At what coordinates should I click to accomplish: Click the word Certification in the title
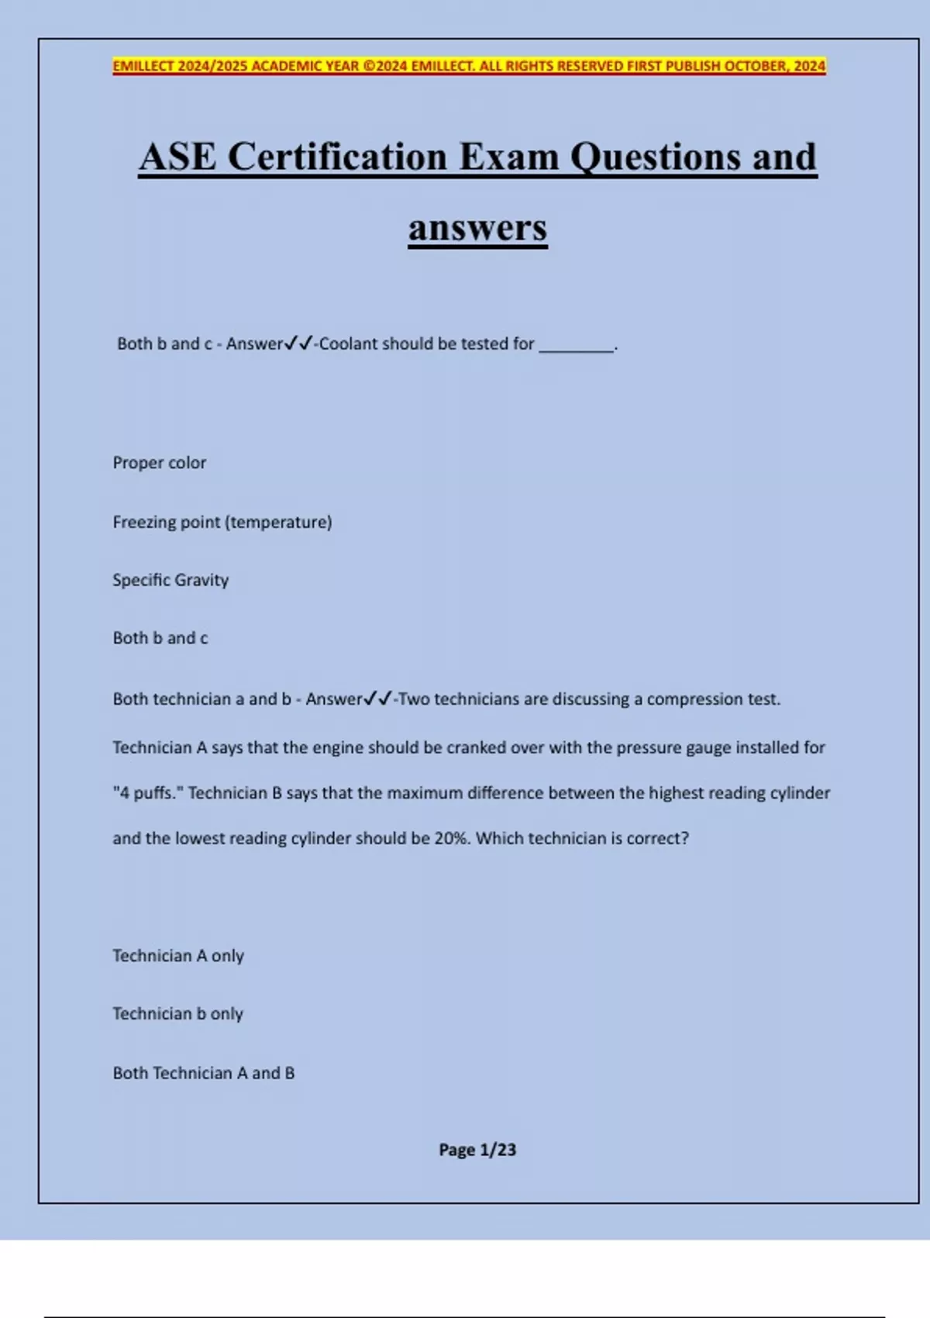point(337,157)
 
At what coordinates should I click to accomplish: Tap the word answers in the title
point(477,228)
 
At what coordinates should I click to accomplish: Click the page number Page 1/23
point(477,1150)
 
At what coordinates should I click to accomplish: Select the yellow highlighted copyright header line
point(469,66)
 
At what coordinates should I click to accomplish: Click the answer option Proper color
point(160,463)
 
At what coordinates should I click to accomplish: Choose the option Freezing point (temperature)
point(222,522)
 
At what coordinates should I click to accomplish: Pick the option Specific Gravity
point(170,580)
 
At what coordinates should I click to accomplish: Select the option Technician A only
point(178,956)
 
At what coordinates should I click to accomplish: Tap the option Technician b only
point(178,1014)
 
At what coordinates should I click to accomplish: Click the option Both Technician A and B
point(204,1073)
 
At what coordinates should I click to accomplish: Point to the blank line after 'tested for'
point(576,347)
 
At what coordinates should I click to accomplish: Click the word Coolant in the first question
point(348,343)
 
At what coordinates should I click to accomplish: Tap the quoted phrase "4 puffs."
point(147,793)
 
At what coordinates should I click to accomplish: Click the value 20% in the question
point(451,838)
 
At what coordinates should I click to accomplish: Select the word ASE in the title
point(177,157)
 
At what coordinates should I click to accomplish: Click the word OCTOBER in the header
point(755,66)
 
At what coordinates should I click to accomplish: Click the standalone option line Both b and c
point(160,638)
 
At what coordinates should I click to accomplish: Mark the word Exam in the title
point(508,157)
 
